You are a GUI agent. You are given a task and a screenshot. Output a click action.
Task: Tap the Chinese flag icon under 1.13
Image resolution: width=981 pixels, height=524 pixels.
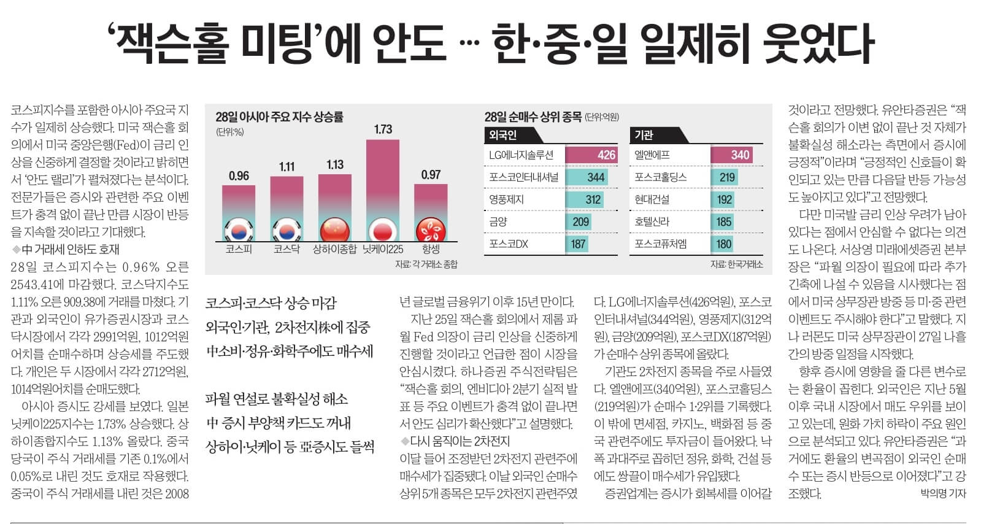coord(335,230)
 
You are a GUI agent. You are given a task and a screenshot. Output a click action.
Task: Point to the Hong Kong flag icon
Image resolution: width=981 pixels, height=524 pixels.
coord(431,231)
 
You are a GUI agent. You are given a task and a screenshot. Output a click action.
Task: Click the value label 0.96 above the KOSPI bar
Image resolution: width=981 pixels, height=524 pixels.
coord(239,176)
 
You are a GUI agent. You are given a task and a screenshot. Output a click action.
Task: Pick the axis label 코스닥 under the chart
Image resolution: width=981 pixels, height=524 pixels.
coord(287,249)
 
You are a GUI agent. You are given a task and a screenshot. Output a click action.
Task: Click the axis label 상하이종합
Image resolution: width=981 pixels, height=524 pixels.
coord(334,249)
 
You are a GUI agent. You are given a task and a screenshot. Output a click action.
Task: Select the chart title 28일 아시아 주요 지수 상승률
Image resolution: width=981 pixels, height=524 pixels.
coord(279,117)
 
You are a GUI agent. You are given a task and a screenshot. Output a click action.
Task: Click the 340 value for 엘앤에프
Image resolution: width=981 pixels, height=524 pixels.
coord(740,155)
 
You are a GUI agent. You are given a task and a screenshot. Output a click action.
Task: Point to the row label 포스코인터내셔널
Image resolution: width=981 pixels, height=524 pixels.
coord(523,177)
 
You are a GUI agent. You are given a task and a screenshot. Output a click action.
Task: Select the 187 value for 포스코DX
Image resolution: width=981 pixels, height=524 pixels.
coord(578,244)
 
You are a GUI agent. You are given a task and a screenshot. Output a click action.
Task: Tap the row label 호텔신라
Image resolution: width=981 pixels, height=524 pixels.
coord(652,222)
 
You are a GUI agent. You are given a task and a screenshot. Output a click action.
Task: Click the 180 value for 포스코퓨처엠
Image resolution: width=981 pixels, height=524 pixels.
coord(724,244)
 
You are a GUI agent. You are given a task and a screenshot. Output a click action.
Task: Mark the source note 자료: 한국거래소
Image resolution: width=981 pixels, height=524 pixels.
coord(736,264)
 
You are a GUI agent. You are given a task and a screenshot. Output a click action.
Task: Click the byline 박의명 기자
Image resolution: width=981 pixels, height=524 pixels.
coord(943,493)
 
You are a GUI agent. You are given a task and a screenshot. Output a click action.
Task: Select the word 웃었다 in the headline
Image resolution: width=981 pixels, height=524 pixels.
coord(817,44)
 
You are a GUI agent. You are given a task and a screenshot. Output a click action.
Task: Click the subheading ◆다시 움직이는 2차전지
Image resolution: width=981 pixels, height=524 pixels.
coord(455,441)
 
